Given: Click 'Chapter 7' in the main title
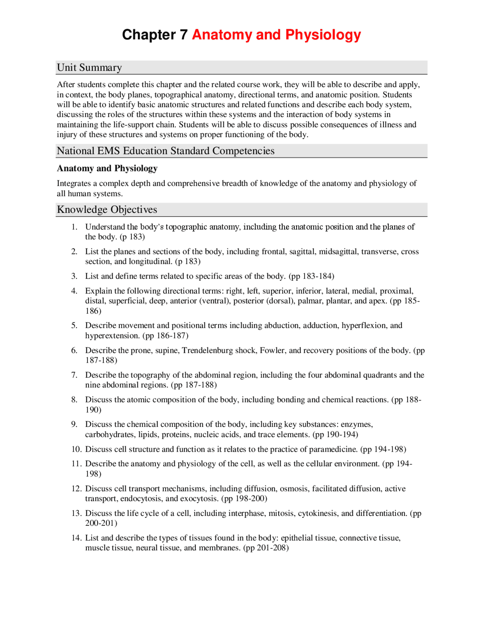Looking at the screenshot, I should point(155,35).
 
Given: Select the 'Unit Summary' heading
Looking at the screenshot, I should point(89,68).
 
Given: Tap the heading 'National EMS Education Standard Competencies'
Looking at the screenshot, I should point(166,151).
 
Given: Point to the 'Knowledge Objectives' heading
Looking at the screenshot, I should point(107,209).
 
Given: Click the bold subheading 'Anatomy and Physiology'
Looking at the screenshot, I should point(107,168).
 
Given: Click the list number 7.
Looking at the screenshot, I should point(74,375).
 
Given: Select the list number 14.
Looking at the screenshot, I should point(76,538).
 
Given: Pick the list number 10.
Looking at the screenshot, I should point(76,449).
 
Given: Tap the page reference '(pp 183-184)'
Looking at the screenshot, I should point(311,276).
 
